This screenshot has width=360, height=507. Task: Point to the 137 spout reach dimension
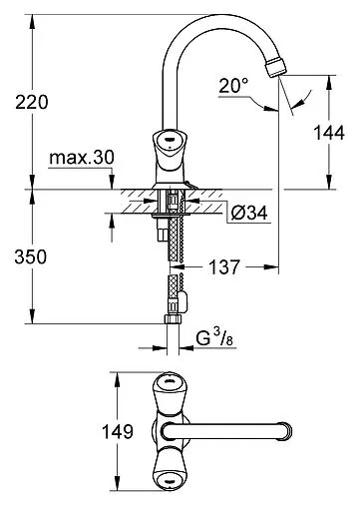coord(227,267)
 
